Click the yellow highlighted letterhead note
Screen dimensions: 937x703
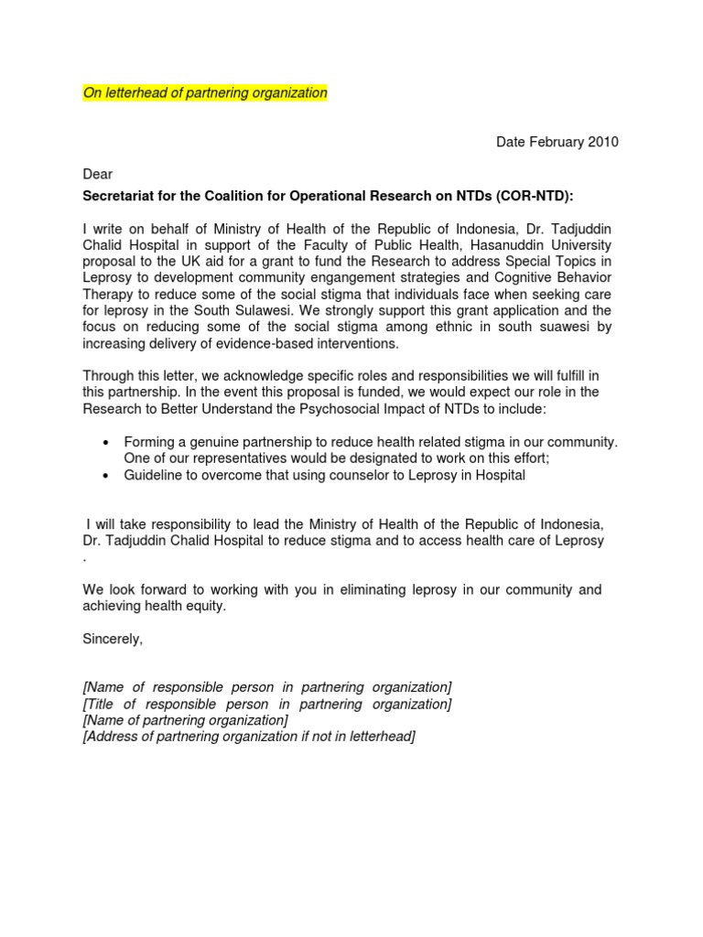205,93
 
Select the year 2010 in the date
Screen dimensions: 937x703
602,142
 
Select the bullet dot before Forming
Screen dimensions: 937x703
105,442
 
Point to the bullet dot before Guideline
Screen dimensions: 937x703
105,476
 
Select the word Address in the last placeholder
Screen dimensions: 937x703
111,737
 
